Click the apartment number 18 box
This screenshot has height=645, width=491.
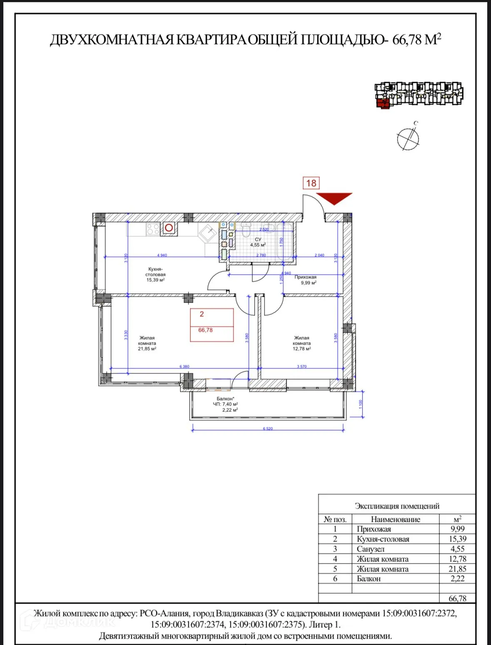click(311, 183)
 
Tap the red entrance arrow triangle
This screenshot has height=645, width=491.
click(334, 198)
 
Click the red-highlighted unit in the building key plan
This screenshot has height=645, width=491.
click(383, 103)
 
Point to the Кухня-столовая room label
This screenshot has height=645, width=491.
click(155, 274)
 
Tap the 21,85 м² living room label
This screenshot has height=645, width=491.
click(147, 343)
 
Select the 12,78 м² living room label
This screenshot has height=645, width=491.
click(302, 343)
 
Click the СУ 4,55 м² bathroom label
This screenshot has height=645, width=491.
click(258, 242)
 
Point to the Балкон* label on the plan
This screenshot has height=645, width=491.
click(225, 399)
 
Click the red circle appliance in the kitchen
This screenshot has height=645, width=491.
click(169, 228)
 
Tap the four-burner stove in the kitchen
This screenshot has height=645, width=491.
click(153, 229)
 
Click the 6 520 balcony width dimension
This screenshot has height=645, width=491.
click(268, 429)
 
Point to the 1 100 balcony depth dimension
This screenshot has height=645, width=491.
click(361, 404)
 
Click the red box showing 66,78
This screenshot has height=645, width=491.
click(212, 325)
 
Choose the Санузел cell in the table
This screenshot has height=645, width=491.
click(371, 549)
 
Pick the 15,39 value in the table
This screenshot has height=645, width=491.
click(457, 539)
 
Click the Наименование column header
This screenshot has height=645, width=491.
click(395, 520)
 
